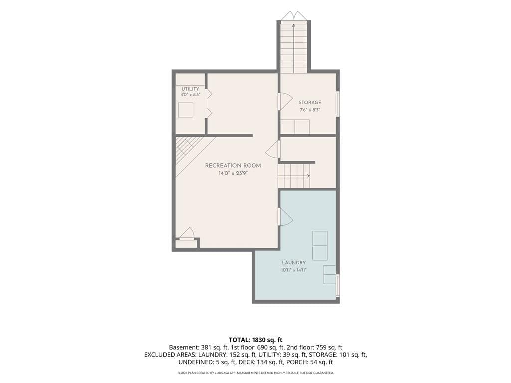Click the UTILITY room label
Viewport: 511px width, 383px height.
pos(190,89)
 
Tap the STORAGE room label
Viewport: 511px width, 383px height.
pos(310,102)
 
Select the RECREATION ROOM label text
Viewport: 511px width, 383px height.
pos(233,166)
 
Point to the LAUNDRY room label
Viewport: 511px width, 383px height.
pos(294,262)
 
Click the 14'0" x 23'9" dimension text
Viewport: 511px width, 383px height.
pos(233,173)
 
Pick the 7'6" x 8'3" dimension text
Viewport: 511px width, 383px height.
pos(310,110)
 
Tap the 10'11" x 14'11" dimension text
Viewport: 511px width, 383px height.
pos(294,270)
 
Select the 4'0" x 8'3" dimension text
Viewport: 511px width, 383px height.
pos(190,95)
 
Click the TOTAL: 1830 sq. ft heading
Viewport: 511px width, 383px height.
pos(255,340)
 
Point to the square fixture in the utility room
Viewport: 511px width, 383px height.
pos(186,110)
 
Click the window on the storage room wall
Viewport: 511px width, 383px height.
pos(338,104)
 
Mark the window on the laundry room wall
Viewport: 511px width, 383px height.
pos(338,285)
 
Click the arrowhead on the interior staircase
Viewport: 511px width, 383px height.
pos(308,176)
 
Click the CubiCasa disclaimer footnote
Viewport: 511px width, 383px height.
pos(255,373)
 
